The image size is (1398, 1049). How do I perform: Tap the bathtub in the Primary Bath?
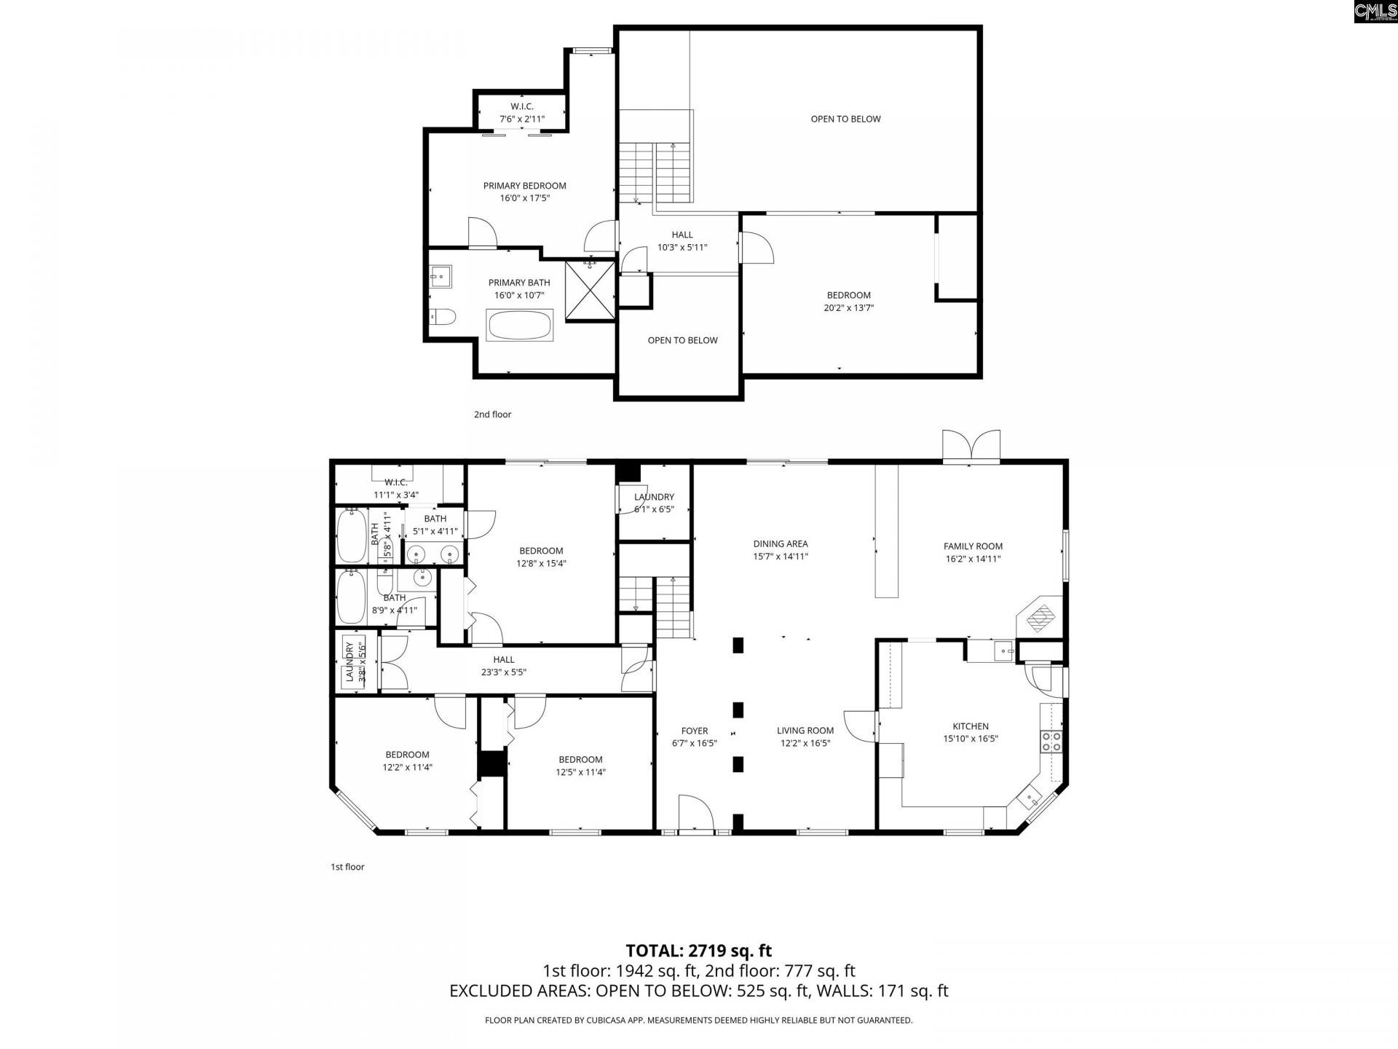click(x=520, y=326)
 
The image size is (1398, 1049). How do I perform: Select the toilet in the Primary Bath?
click(x=442, y=316)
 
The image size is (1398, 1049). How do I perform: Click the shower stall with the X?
click(x=590, y=291)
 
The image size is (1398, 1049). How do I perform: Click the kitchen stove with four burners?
click(x=1051, y=742)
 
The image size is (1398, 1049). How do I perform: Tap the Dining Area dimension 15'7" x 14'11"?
click(x=781, y=557)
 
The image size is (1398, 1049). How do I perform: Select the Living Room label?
click(x=805, y=731)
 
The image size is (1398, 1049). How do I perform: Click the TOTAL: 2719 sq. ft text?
click(x=698, y=951)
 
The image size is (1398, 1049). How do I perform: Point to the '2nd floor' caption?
click(x=492, y=415)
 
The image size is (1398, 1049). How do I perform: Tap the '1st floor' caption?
click(x=347, y=867)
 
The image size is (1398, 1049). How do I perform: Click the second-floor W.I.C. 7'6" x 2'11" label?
click(x=521, y=112)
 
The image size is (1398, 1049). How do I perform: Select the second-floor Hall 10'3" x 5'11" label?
click(x=682, y=241)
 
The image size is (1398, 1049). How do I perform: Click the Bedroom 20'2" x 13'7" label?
click(x=848, y=302)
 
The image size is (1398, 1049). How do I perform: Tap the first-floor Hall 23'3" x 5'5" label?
click(x=503, y=666)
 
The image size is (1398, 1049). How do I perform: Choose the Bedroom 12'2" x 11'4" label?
click(x=407, y=761)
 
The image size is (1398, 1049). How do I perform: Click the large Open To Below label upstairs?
click(x=845, y=119)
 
